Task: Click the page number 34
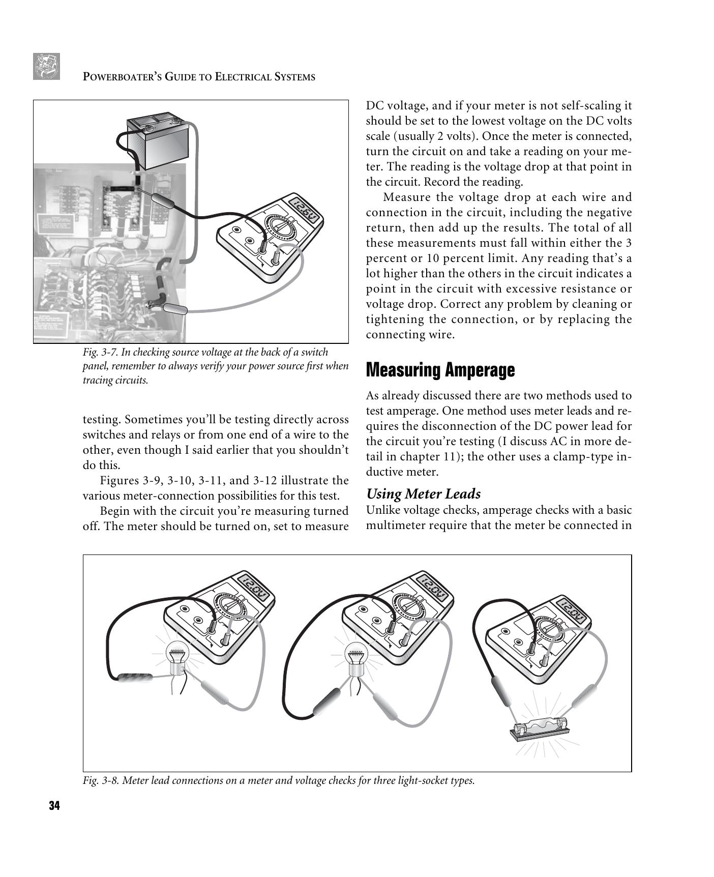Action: pos(54,806)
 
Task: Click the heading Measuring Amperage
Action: pos(440,370)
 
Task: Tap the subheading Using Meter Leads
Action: pos(423,494)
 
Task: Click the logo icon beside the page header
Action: pos(47,66)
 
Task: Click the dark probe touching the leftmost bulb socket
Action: pos(134,678)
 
